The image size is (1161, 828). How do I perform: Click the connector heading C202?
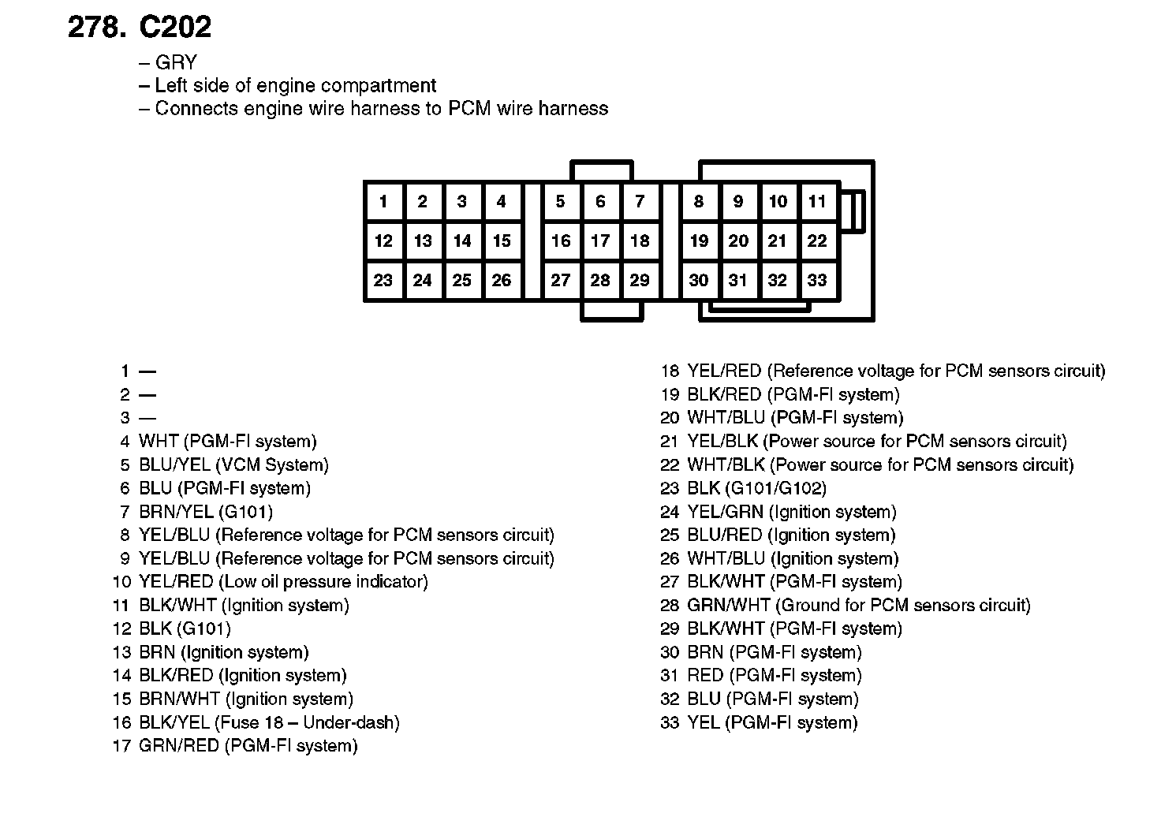click(x=175, y=28)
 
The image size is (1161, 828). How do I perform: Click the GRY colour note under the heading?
click(x=176, y=62)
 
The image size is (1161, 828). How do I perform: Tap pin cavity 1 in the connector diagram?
click(x=383, y=202)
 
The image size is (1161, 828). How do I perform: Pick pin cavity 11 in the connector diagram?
click(x=817, y=202)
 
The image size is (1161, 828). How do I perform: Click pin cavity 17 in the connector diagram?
click(x=600, y=241)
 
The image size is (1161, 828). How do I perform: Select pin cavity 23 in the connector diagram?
click(x=383, y=280)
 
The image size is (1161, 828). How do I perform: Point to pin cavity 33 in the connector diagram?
click(x=817, y=280)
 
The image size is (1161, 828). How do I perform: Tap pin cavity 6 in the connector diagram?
click(x=600, y=202)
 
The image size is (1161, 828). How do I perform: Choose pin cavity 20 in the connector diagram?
click(x=738, y=241)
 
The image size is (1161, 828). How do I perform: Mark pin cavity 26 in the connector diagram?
click(x=502, y=280)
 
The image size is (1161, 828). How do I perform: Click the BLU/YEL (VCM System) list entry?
click(x=233, y=464)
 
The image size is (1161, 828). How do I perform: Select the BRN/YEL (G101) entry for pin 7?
click(x=205, y=512)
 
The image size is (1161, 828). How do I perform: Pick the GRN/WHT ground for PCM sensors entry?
click(x=858, y=606)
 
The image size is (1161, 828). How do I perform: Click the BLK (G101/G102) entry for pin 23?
click(x=756, y=488)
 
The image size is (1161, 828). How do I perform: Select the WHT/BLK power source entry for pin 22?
click(x=880, y=464)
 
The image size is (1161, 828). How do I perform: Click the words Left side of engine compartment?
click(x=295, y=85)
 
